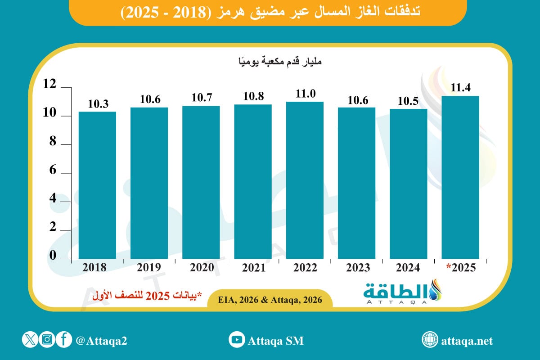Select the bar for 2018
click(97, 184)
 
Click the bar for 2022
click(305, 180)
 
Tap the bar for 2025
click(460, 178)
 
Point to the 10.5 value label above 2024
click(408, 102)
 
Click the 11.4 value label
click(460, 88)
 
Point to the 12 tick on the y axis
click(49, 84)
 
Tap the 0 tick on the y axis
click(52, 255)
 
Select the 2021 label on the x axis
click(253, 268)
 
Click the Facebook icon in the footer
click(64, 340)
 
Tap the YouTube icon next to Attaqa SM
click(236, 340)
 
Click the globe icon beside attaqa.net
click(429, 340)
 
